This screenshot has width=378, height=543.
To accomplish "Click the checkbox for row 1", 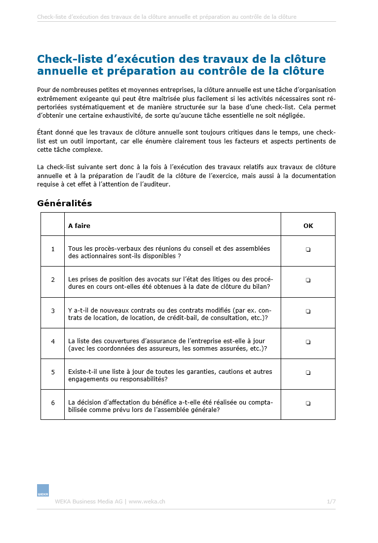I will coord(308,250).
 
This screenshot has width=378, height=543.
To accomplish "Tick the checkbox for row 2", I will coord(308,280).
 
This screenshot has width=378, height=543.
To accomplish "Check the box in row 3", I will coord(308,311).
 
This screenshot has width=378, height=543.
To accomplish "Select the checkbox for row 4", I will coord(308,342).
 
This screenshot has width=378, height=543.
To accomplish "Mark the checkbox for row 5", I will coord(308,372).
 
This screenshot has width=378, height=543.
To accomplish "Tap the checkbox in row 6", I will coord(308,404).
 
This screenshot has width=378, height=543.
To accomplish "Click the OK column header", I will coord(308,226).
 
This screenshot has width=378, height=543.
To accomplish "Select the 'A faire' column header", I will coord(79,226).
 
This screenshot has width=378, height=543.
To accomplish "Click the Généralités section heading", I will coord(64,203).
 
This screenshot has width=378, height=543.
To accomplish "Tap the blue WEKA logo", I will coord(43,491).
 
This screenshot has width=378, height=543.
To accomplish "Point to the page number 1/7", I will coord(331,501).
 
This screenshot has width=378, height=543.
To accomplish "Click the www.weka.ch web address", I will coord(147,501).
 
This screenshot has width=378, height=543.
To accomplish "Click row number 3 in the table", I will coord(53,311).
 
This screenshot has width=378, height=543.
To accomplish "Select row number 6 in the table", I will coord(53,403).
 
